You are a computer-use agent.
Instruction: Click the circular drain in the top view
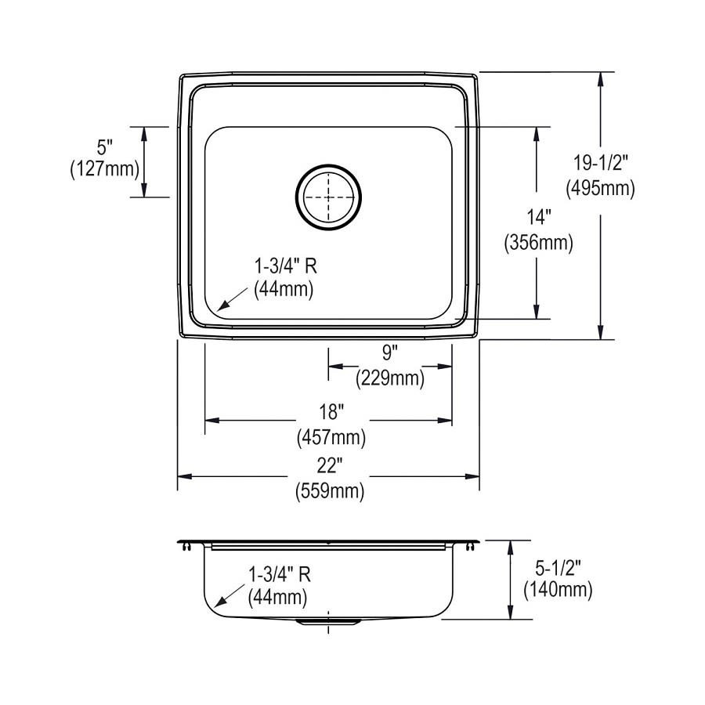click(328, 197)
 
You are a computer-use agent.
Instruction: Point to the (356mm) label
click(537, 243)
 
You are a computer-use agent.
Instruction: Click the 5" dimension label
click(105, 146)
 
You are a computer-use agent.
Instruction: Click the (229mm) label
click(389, 380)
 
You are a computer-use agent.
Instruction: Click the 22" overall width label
click(330, 467)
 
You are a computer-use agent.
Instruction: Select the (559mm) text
click(330, 492)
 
